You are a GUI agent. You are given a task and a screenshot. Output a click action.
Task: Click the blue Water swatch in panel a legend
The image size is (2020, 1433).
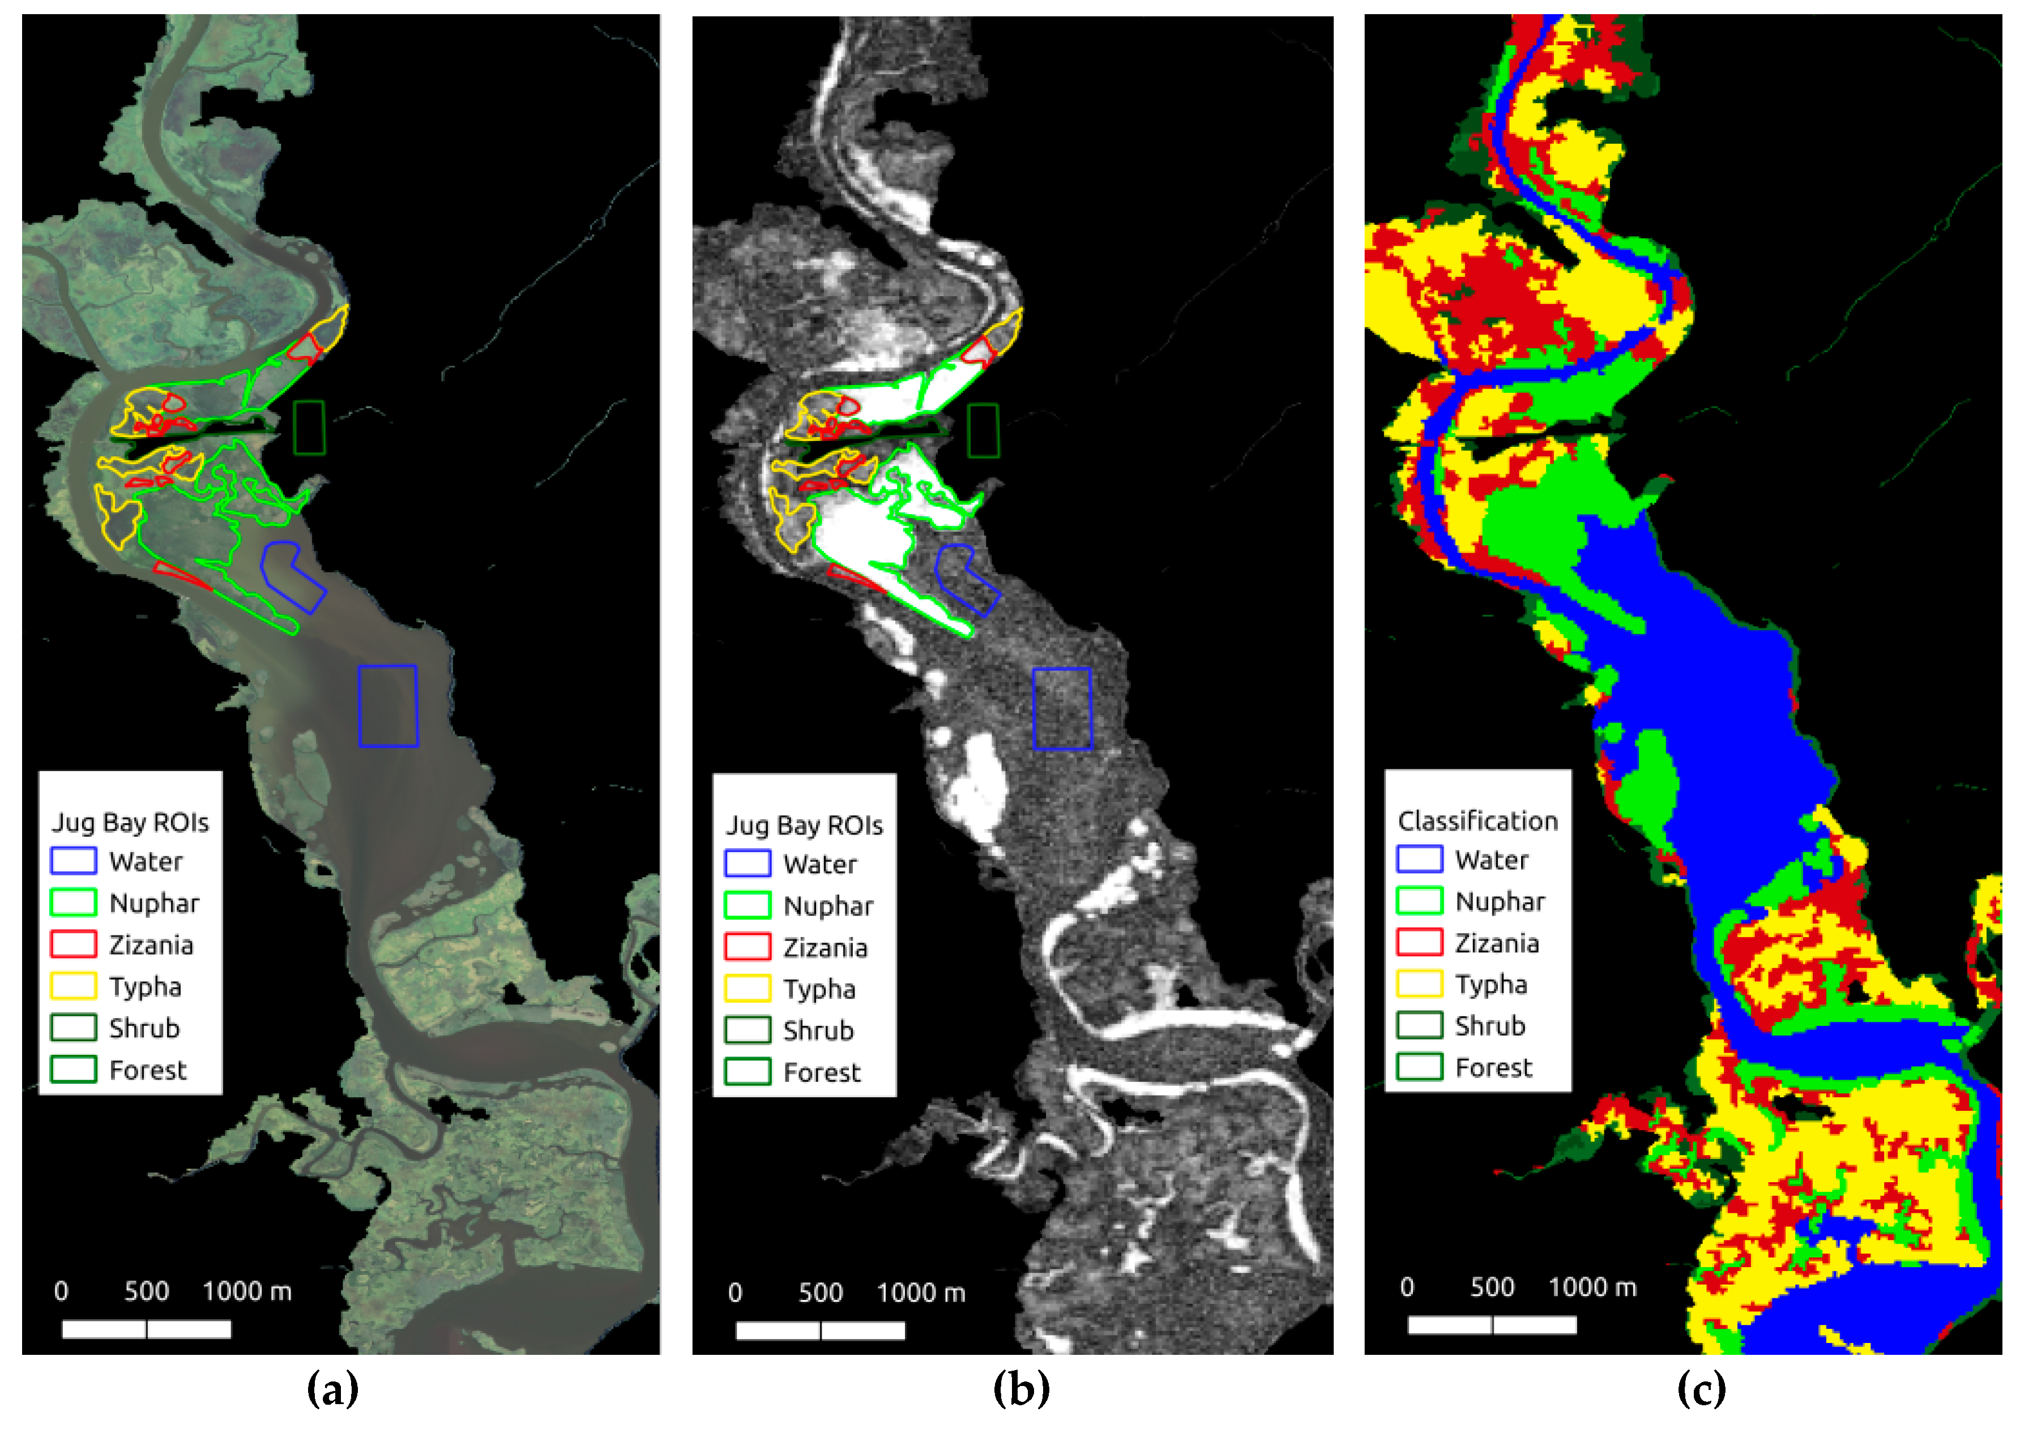(x=73, y=861)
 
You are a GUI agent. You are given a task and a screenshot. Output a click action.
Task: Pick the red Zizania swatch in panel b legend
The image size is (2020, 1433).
(x=748, y=947)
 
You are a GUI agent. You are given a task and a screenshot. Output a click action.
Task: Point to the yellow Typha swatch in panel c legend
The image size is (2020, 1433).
(x=1419, y=984)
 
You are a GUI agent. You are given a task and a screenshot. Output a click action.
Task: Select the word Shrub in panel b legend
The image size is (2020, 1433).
(x=818, y=1030)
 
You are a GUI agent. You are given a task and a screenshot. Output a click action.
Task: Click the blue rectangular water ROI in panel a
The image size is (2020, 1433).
(x=387, y=706)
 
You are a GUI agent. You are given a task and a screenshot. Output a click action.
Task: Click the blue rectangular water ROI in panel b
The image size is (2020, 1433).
(x=1062, y=708)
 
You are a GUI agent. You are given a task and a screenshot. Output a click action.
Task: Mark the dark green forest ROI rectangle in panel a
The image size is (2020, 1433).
(x=309, y=428)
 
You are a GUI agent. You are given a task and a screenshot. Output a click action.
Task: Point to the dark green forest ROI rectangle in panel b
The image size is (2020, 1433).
(x=983, y=431)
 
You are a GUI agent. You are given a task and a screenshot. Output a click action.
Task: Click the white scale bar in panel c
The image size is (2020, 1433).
(x=1492, y=1324)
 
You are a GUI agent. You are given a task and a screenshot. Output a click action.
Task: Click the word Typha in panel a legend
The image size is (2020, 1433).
(x=146, y=986)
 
